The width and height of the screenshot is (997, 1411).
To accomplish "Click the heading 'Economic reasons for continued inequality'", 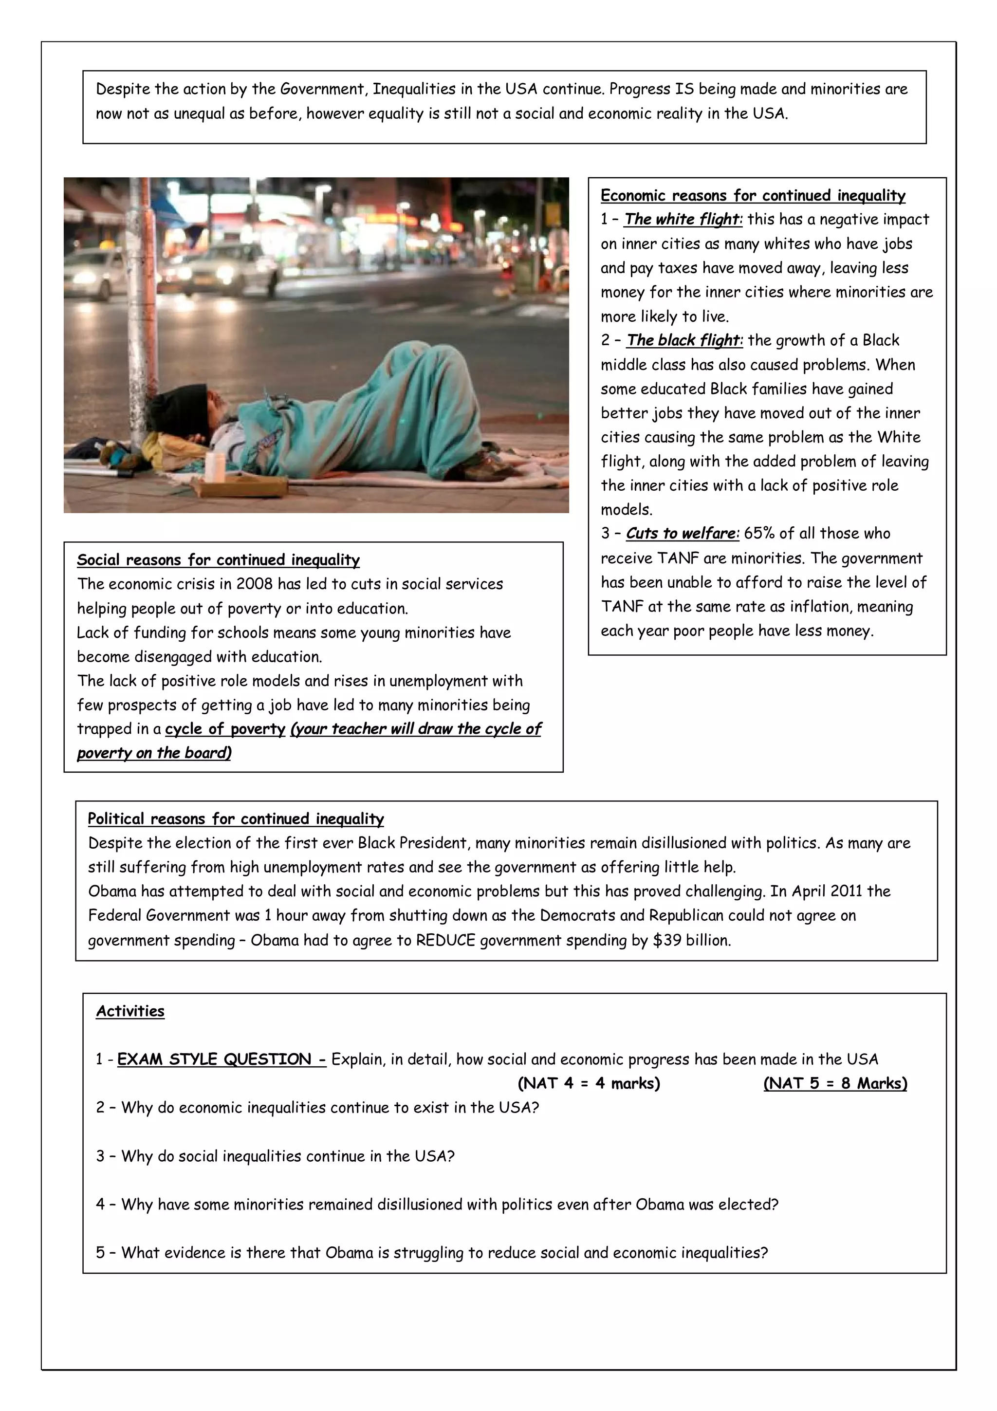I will pyautogui.click(x=753, y=195).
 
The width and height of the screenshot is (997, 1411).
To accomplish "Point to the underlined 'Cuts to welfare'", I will pyautogui.click(x=682, y=534).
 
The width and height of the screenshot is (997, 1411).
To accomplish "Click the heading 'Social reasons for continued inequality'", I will pyautogui.click(x=218, y=560).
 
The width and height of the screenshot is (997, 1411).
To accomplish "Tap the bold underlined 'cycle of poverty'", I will pyautogui.click(x=225, y=729).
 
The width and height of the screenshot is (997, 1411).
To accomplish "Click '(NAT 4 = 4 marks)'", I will pyautogui.click(x=589, y=1083).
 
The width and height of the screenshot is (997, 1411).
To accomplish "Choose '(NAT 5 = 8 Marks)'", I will pyautogui.click(x=835, y=1083).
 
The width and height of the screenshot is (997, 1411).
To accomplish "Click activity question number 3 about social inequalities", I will pyautogui.click(x=275, y=1156).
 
